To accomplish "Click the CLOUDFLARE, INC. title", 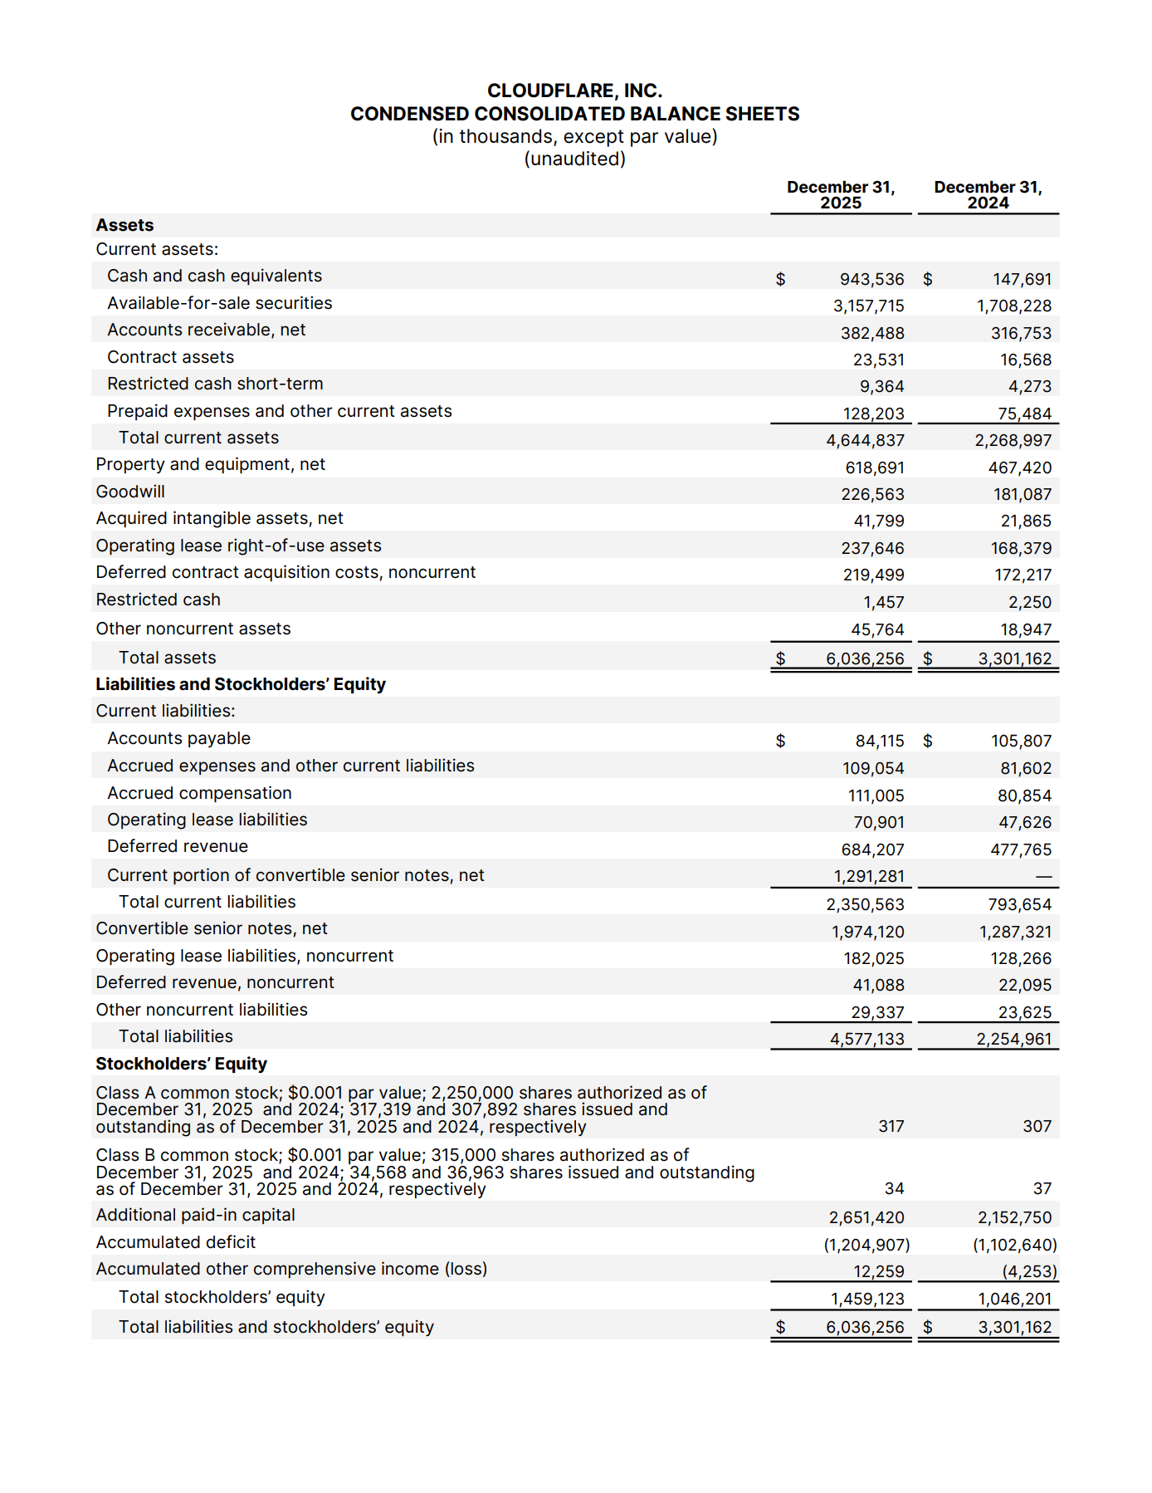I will coord(574,91).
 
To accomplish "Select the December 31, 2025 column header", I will coord(840,195).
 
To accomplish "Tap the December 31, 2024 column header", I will coord(988,195).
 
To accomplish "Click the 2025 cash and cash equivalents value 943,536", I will coord(871,279).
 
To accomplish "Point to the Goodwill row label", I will coord(130,492).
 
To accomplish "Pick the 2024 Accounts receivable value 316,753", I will coord(1021,333).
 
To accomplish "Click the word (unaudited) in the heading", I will coord(574,159).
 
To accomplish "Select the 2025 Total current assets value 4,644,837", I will coord(865,440).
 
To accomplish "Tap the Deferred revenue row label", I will coord(178,846).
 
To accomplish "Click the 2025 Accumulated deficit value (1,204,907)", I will coord(866,1245).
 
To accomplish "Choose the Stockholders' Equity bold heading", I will coord(181,1064).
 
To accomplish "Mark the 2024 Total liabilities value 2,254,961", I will coord(1013,1039).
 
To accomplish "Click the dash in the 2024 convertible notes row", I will coord(1043,877).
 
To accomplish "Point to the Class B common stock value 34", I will coord(894,1189).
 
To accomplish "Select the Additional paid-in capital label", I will coord(195,1215).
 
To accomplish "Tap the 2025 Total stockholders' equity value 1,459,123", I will coord(867,1299).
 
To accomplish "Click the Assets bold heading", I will coord(124,225).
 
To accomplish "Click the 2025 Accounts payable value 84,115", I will coord(880,741).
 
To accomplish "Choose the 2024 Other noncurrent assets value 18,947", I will coord(1025,629).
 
